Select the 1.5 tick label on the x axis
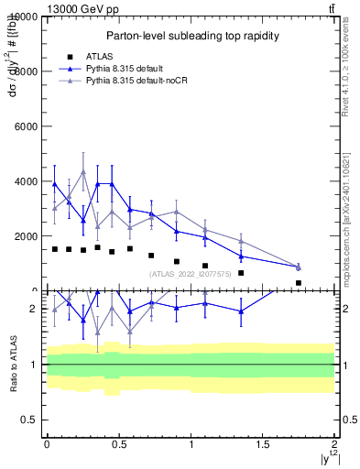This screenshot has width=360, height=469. [263, 444]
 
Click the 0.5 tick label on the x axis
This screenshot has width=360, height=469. [118, 444]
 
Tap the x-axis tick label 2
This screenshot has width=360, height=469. [335, 444]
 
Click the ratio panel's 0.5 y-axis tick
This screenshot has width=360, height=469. [27, 420]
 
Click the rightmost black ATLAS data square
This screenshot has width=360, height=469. [299, 283]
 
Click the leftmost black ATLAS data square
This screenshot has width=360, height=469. [54, 248]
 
